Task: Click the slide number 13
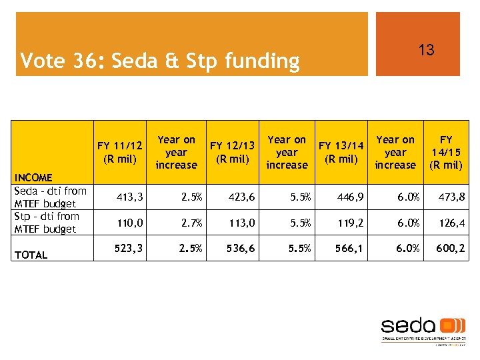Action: click(426, 50)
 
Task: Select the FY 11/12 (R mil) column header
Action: click(119, 152)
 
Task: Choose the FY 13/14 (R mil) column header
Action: click(341, 152)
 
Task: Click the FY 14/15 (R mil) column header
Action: click(446, 152)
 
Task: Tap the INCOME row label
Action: click(33, 177)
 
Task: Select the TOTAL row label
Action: click(31, 255)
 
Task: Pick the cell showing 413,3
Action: click(128, 197)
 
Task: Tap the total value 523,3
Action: click(128, 248)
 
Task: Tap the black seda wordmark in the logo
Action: click(408, 326)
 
